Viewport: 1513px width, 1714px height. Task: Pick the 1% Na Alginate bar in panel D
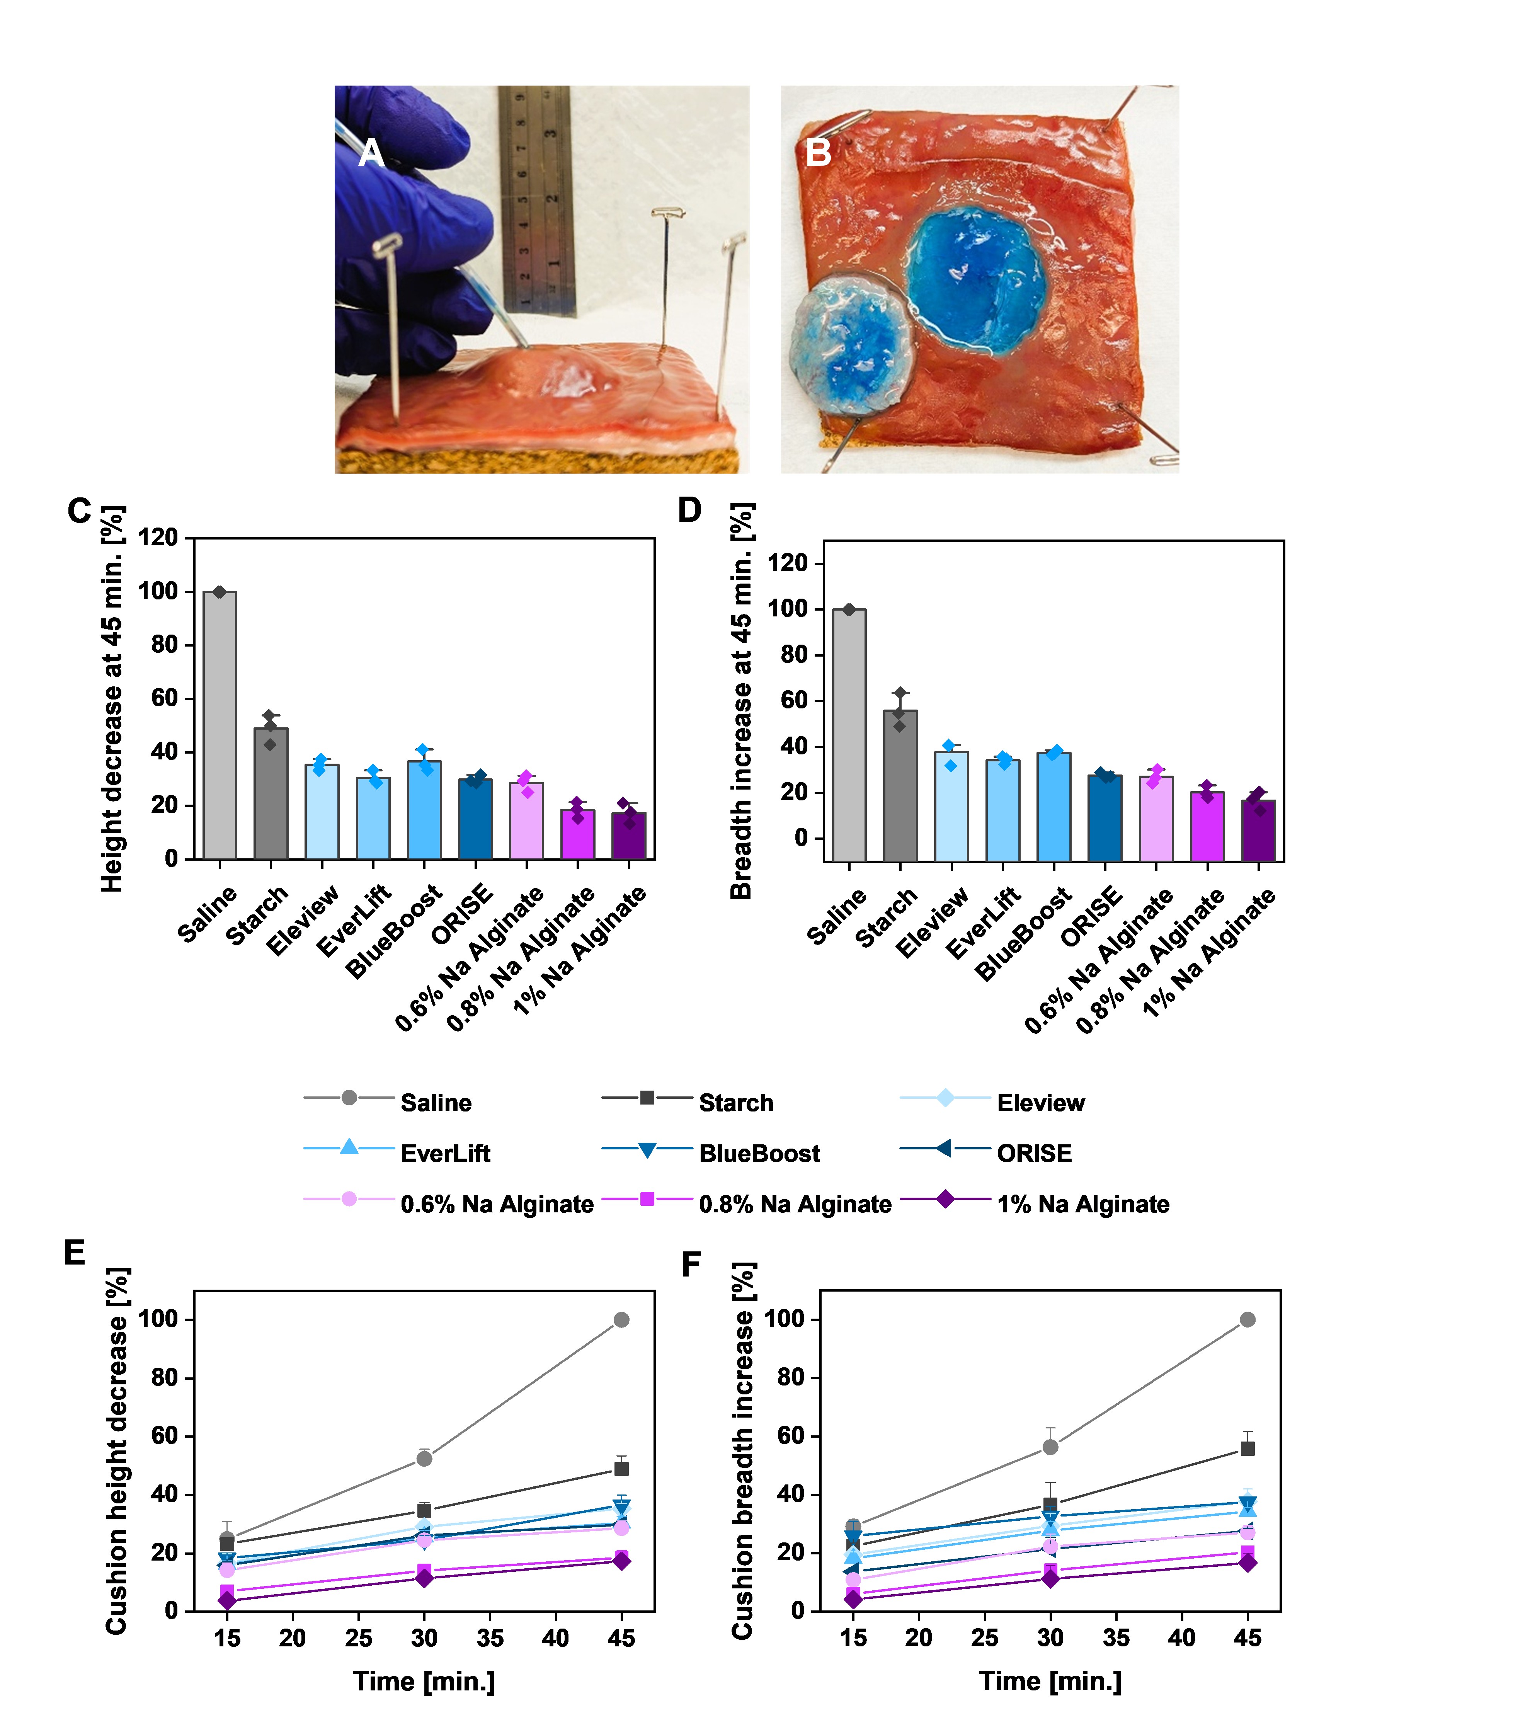coord(1258,830)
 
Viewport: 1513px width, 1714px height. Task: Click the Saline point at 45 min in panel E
coord(621,1320)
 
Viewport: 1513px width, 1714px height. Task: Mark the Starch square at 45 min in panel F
coord(1247,1448)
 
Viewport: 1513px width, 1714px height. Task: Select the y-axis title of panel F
coord(742,1451)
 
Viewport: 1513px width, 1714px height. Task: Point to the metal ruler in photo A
coord(537,201)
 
